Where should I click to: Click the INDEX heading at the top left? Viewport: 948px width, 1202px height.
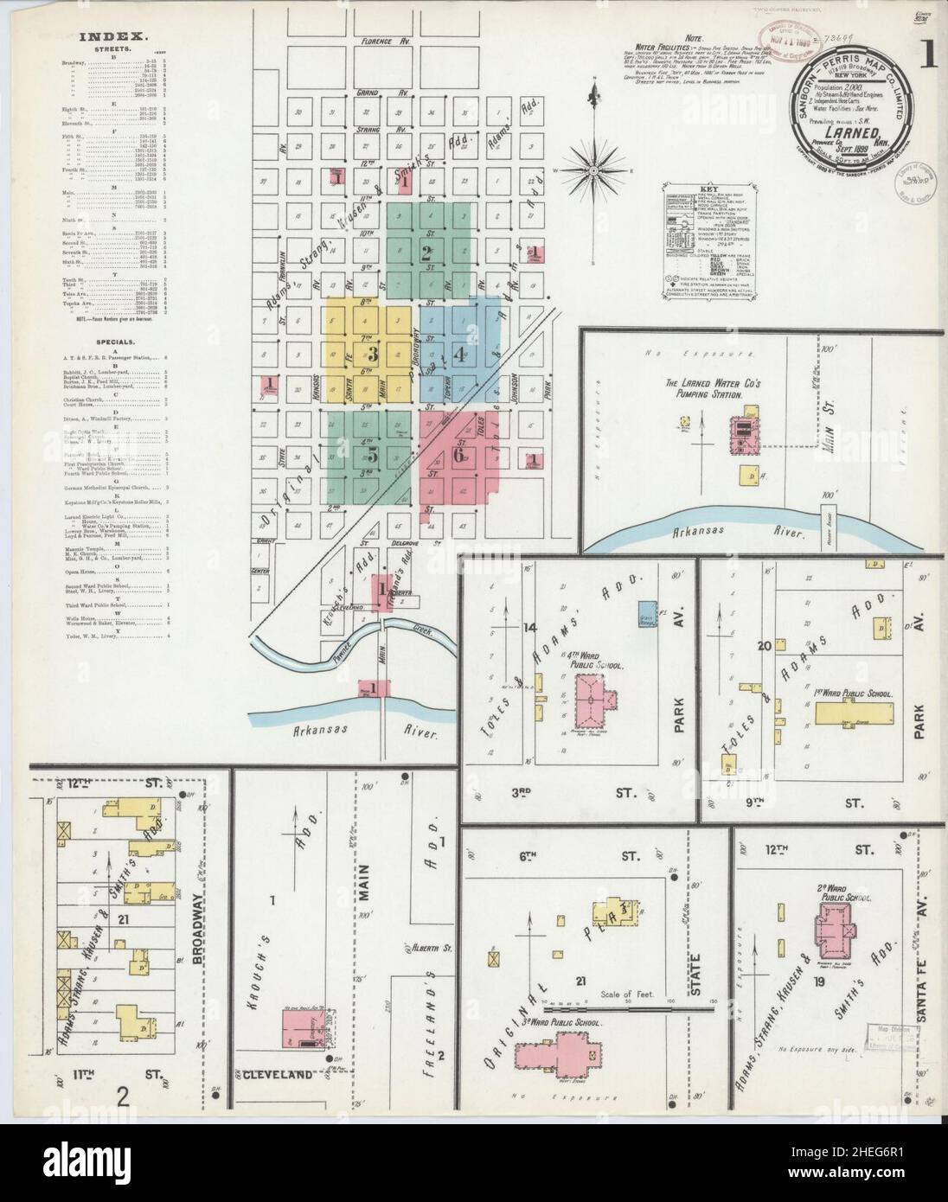tap(113, 37)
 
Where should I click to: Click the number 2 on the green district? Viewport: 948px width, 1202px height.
tap(426, 253)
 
